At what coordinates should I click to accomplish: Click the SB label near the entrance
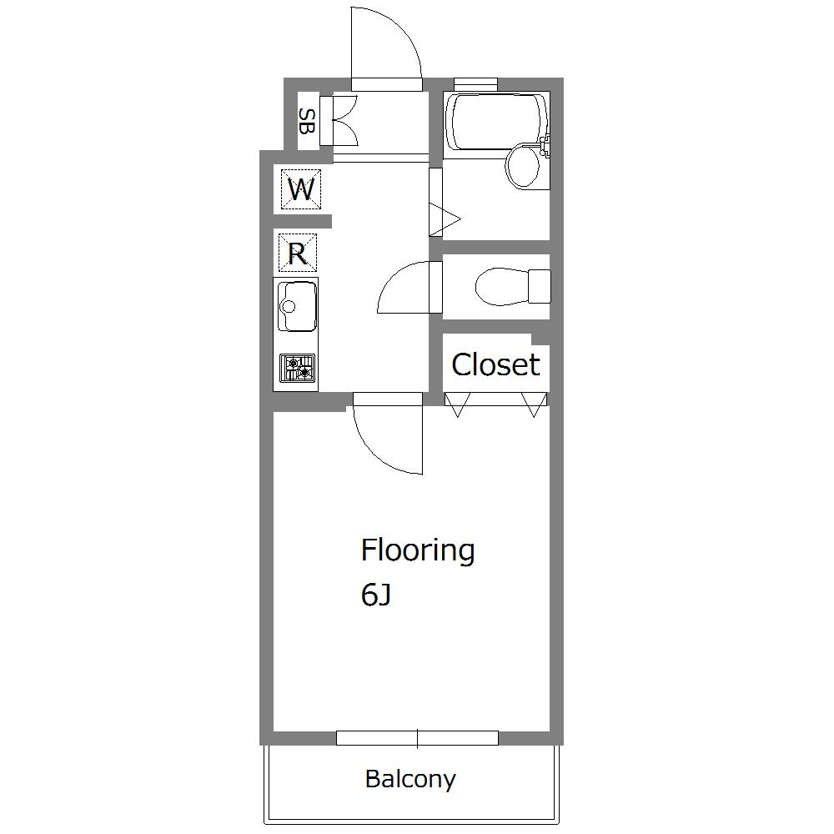tap(307, 121)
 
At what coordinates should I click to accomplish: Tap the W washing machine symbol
tap(301, 188)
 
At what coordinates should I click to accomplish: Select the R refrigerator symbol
tap(298, 253)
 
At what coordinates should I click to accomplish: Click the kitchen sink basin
tap(296, 306)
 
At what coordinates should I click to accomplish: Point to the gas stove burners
tap(298, 368)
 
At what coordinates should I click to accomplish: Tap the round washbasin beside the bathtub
tap(524, 165)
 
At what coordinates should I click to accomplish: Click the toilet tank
tap(540, 286)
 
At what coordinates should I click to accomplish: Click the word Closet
tap(495, 365)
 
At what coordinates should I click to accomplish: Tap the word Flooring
tap(418, 551)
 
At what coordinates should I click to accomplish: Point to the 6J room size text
tap(376, 595)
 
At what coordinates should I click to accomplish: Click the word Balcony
tap(410, 780)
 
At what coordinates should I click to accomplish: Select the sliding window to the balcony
tap(418, 738)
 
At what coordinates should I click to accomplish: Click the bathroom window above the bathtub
tap(475, 82)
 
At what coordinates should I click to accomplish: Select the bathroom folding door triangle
tap(444, 218)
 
